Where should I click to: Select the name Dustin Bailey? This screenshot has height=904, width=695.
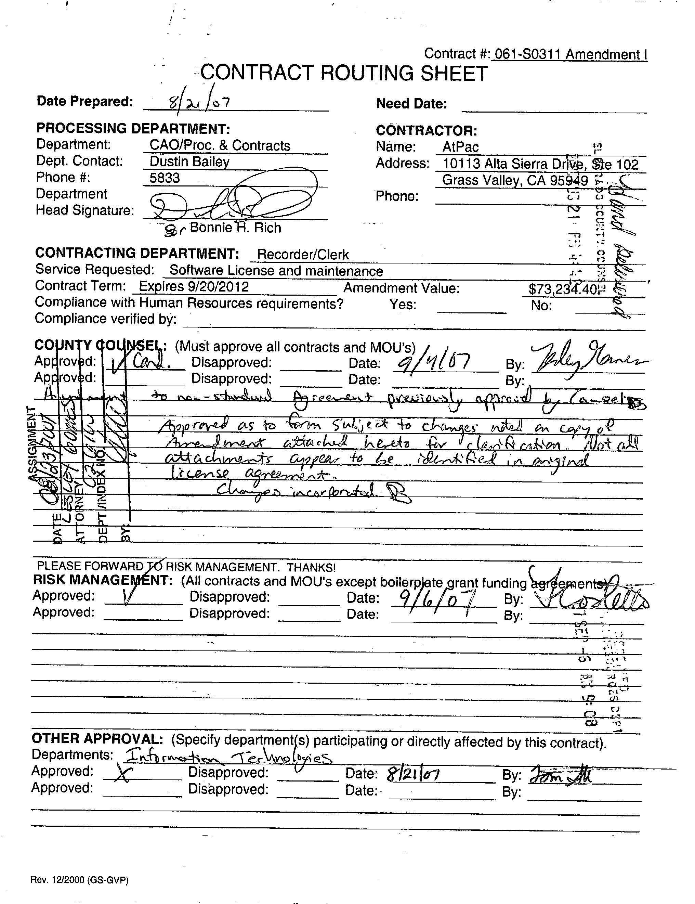(x=189, y=162)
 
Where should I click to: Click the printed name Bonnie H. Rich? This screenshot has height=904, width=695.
(x=235, y=228)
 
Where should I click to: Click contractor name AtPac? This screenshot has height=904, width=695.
(x=460, y=147)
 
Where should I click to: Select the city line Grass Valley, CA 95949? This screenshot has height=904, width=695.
(x=515, y=180)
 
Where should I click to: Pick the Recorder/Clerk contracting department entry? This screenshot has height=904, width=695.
(x=303, y=254)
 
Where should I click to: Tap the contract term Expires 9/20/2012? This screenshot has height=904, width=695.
(x=194, y=286)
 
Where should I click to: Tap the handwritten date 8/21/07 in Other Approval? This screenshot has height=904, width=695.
(x=413, y=774)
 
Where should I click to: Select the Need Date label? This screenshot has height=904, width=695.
(x=411, y=103)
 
